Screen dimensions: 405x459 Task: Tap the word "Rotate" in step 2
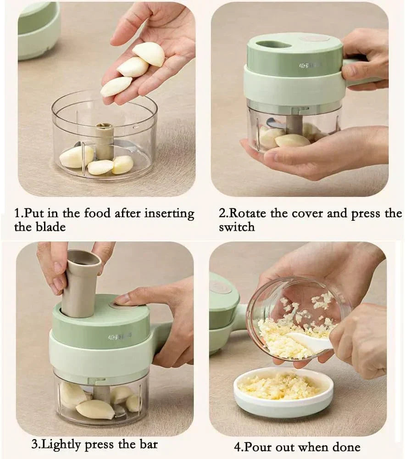(x=247, y=213)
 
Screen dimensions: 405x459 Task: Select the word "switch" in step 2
(x=237, y=227)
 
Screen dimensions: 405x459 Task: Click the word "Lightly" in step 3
(x=61, y=445)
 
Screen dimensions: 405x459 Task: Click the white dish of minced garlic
(x=283, y=392)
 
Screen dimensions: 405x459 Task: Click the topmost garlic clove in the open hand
(x=149, y=54)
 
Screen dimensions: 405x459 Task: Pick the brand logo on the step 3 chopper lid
(x=120, y=336)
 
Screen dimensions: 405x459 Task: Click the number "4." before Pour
(x=239, y=447)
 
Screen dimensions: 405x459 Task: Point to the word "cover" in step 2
(x=308, y=214)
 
